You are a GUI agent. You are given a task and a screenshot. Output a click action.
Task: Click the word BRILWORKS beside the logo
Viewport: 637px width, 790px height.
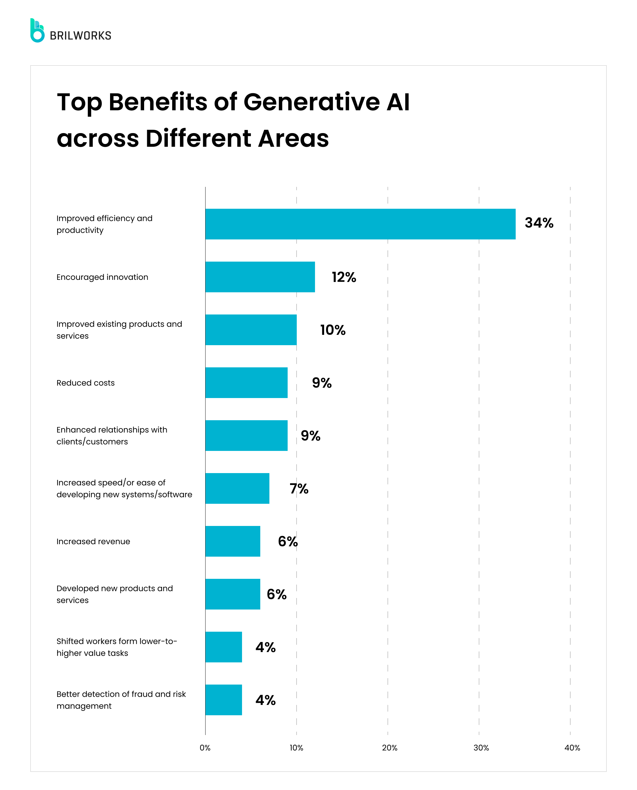click(80, 36)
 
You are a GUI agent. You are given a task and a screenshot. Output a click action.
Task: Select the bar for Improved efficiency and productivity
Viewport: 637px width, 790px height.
click(360, 224)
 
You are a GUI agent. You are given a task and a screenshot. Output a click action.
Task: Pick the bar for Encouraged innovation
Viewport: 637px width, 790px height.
click(260, 277)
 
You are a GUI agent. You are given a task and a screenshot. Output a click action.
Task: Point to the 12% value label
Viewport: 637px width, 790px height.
click(344, 277)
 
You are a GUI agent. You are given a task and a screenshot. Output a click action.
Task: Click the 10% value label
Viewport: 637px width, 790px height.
click(332, 330)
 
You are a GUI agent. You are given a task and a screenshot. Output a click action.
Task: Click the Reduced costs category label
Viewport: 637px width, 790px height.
click(85, 383)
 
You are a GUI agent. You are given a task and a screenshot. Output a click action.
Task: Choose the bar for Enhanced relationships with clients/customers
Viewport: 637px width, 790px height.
click(246, 435)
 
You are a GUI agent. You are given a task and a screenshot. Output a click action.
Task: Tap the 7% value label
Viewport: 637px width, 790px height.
click(299, 489)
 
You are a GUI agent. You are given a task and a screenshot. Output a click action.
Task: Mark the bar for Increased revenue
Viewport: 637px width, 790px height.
click(233, 541)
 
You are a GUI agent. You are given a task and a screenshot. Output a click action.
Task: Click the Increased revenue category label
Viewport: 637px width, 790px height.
click(93, 541)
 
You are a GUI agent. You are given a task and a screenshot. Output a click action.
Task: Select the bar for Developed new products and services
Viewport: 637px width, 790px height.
click(233, 594)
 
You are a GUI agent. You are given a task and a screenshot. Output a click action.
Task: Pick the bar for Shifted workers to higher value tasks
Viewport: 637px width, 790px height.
click(223, 647)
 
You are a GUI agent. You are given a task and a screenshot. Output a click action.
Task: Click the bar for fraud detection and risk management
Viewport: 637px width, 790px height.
click(223, 700)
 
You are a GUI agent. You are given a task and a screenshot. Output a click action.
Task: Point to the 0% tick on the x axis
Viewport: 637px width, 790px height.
click(205, 748)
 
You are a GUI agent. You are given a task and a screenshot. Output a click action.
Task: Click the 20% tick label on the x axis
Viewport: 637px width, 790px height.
click(389, 748)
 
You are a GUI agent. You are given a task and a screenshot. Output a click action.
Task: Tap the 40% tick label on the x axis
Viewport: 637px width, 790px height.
click(572, 748)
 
